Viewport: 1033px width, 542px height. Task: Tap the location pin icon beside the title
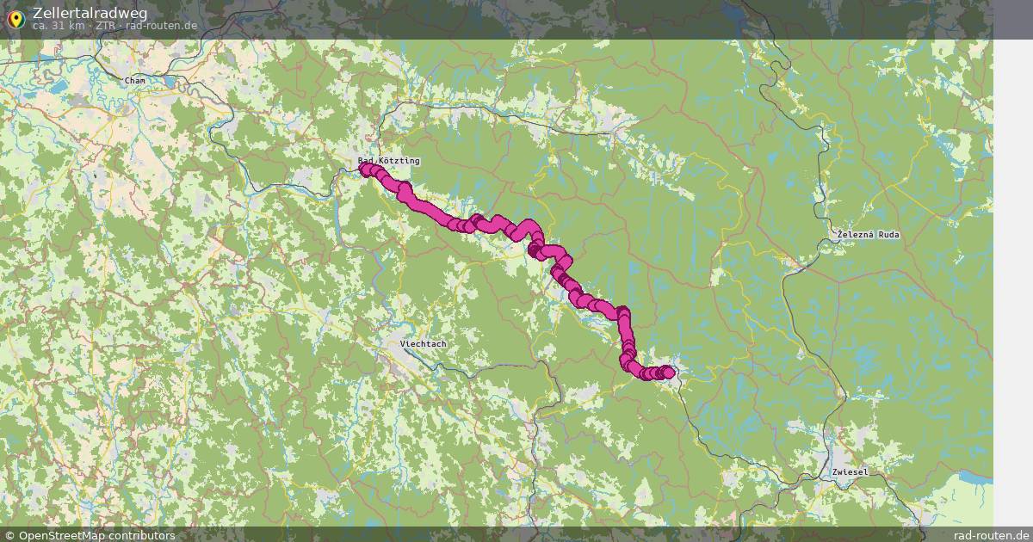click(15, 17)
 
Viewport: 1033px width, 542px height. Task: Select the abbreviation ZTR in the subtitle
click(105, 26)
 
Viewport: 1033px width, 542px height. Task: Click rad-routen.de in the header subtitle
click(161, 26)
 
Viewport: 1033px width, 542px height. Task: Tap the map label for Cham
click(135, 81)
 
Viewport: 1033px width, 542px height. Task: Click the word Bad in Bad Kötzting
click(367, 161)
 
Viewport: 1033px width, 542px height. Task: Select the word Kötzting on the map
click(399, 161)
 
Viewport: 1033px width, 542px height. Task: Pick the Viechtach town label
click(424, 344)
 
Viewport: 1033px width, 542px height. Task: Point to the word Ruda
click(889, 235)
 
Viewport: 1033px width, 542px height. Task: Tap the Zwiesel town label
click(850, 472)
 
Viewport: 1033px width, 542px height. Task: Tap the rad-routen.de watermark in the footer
click(990, 535)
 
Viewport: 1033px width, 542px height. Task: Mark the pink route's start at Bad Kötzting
click(365, 169)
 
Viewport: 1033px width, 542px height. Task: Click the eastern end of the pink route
click(668, 372)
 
